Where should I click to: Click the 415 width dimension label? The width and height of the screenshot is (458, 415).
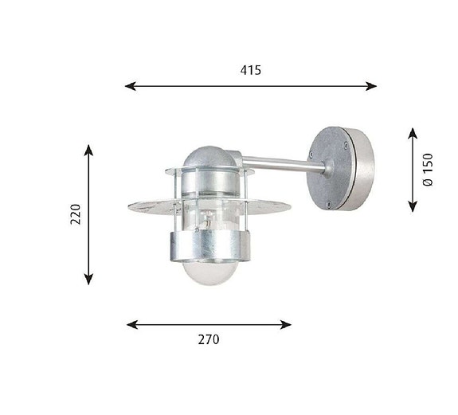click(x=250, y=70)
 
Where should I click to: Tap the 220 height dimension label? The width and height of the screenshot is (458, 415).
click(x=76, y=213)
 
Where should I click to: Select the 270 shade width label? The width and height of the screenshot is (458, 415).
click(x=208, y=339)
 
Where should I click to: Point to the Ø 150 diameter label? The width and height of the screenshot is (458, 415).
click(x=428, y=170)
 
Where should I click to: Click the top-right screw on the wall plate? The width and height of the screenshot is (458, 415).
click(x=345, y=145)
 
